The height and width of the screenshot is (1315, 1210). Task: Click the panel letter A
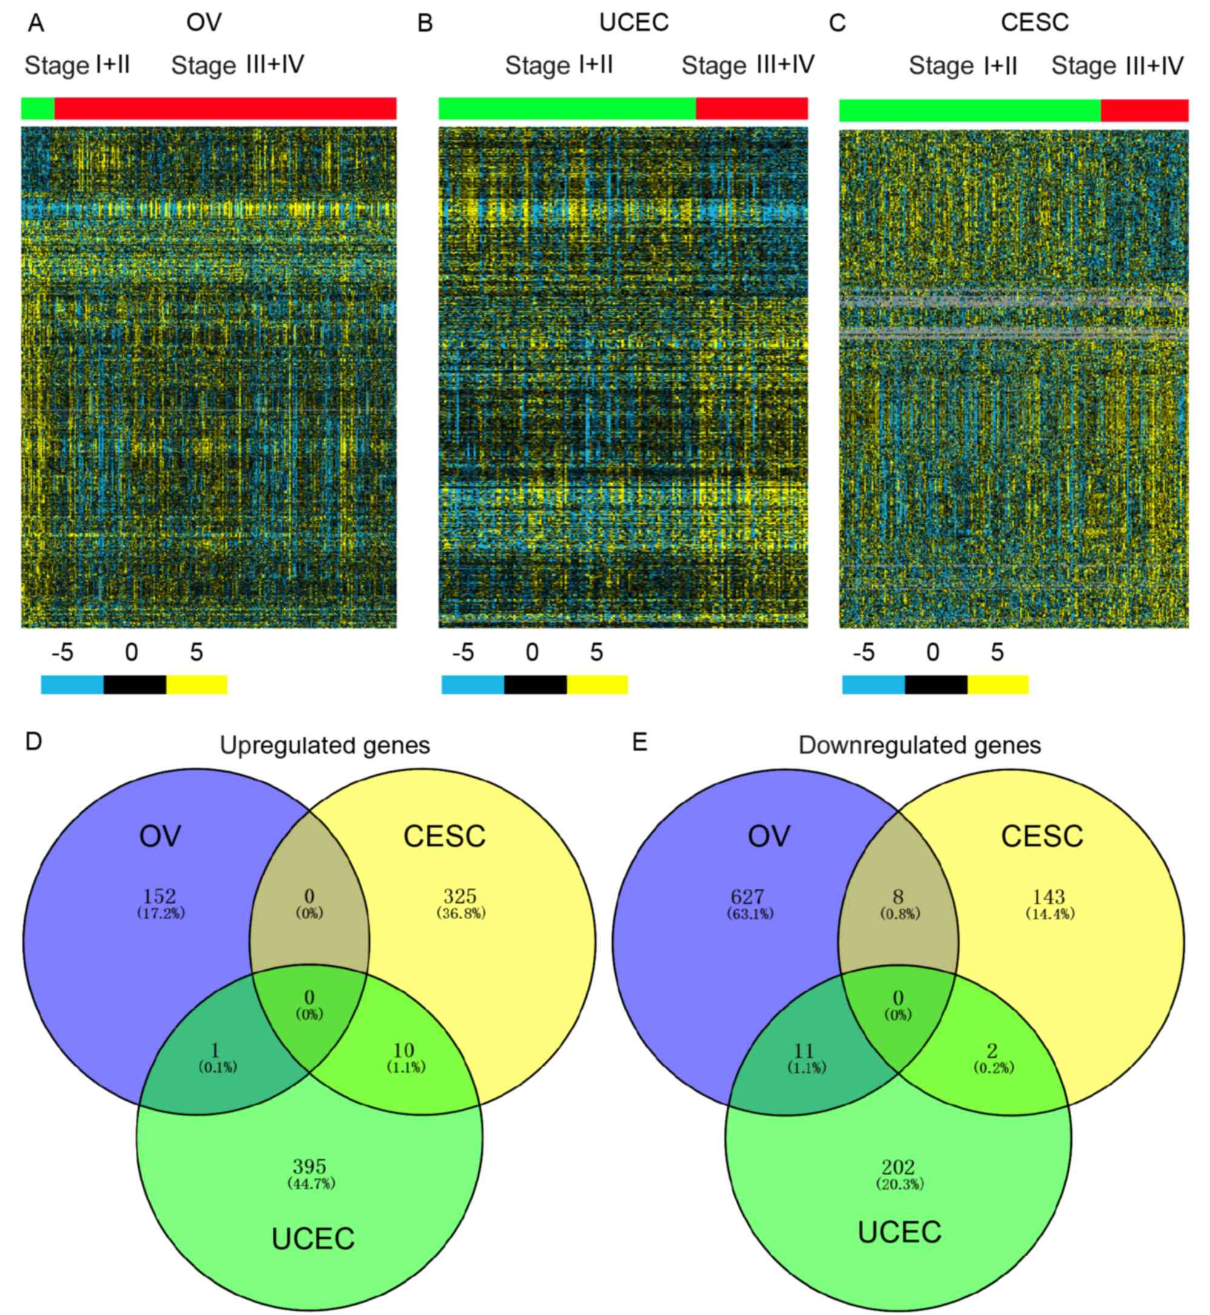(36, 24)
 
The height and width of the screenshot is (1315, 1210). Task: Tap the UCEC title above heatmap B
(634, 23)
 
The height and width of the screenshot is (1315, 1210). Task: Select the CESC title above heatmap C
(1035, 23)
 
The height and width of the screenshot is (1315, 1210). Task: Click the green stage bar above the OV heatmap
(38, 109)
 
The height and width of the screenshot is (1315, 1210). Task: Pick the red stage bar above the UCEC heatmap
(752, 109)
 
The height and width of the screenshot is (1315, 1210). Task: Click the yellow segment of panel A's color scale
(196, 685)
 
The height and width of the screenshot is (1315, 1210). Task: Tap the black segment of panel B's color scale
(535, 685)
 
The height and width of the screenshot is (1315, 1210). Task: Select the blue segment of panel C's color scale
(873, 685)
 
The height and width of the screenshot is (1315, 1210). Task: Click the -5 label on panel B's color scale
(463, 652)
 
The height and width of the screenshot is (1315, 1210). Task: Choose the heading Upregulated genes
(325, 745)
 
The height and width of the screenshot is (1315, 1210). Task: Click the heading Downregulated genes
(919, 745)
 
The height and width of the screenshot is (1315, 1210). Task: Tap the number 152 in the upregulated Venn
(160, 896)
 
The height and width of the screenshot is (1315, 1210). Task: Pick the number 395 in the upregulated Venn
(310, 1166)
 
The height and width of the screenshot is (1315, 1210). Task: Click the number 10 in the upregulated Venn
(403, 1050)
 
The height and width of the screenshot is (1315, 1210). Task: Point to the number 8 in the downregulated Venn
(898, 897)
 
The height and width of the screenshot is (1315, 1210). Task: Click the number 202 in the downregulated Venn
(898, 1167)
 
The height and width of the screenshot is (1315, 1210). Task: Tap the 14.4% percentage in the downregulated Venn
(1050, 914)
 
